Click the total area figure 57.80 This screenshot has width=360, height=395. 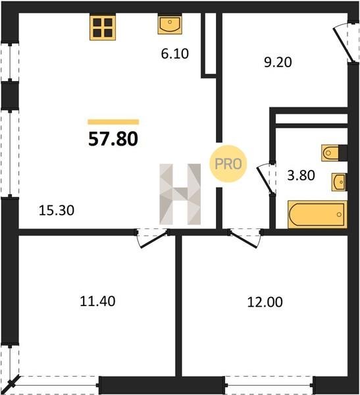[x=113, y=139]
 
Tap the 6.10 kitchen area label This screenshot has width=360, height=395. [x=175, y=54]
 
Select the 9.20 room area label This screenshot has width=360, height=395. [x=278, y=62]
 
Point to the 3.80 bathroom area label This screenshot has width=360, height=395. [x=301, y=175]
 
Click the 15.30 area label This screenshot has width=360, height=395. [x=57, y=211]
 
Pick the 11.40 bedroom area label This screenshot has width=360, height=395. [x=97, y=301]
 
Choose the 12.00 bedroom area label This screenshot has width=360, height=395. [x=265, y=302]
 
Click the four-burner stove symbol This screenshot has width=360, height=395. [x=103, y=28]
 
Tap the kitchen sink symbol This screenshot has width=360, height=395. [x=170, y=24]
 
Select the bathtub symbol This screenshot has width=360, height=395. [x=317, y=215]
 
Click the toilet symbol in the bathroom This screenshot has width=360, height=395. [x=334, y=153]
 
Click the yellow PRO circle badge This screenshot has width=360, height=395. [x=228, y=164]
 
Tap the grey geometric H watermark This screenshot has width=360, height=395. [x=180, y=194]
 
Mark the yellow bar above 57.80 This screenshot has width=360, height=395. [x=113, y=122]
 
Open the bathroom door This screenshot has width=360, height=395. [x=266, y=179]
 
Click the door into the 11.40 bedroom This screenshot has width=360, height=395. [x=153, y=238]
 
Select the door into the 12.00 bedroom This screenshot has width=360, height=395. [x=245, y=238]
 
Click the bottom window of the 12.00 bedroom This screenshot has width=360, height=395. [x=269, y=385]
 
